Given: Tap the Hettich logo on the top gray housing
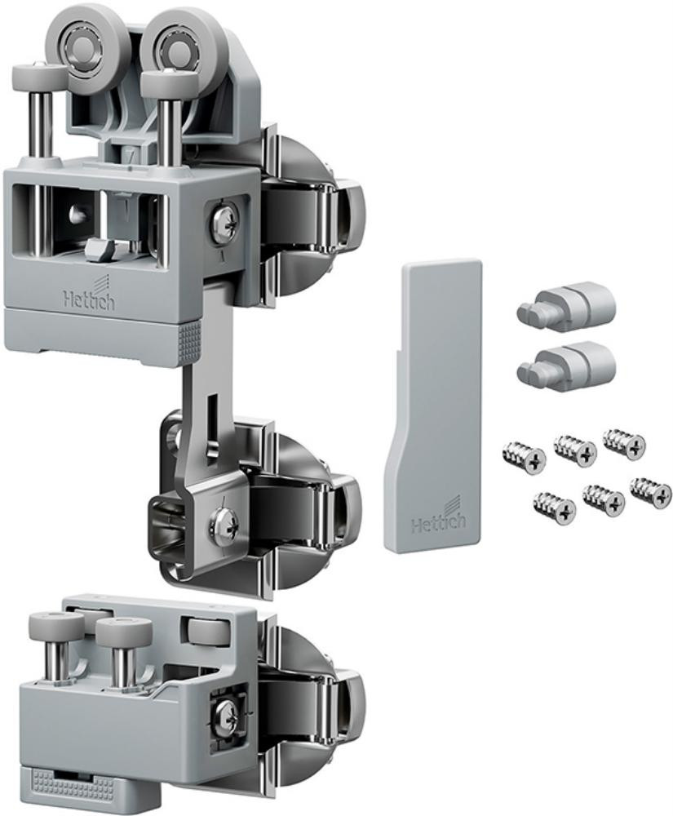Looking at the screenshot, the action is tap(89, 297).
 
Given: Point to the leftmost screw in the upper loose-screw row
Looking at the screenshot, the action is tap(525, 457).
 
